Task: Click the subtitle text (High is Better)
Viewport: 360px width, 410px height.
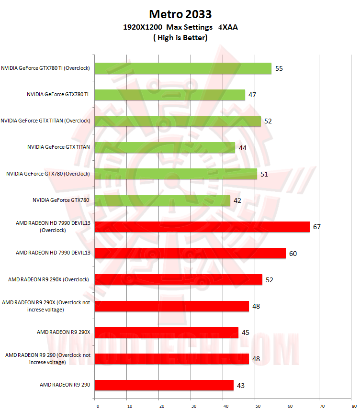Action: click(x=180, y=37)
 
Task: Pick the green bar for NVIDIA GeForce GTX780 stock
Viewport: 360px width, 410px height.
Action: click(x=162, y=200)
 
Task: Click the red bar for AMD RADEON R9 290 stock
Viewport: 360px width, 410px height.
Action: click(x=164, y=385)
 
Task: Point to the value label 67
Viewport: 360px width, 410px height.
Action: click(x=317, y=227)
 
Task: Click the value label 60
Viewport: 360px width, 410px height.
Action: click(x=293, y=253)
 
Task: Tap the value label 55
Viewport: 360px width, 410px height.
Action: click(x=279, y=68)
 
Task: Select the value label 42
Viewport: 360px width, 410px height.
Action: click(x=237, y=200)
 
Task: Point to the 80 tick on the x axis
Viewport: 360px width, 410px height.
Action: click(x=353, y=406)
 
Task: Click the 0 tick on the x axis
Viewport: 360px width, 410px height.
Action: click(x=98, y=406)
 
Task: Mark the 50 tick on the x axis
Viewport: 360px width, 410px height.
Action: click(x=258, y=406)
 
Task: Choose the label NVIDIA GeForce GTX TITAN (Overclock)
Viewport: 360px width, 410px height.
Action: click(x=45, y=121)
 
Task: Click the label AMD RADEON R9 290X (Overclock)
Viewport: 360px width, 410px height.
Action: click(x=48, y=279)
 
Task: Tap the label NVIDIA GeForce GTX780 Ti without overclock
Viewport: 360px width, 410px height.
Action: click(x=57, y=95)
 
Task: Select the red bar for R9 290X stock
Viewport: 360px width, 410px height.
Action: click(x=166, y=332)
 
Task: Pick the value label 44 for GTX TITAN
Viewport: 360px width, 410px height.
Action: click(x=242, y=148)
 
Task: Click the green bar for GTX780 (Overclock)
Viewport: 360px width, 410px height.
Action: click(x=176, y=174)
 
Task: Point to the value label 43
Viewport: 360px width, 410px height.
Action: click(x=241, y=385)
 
